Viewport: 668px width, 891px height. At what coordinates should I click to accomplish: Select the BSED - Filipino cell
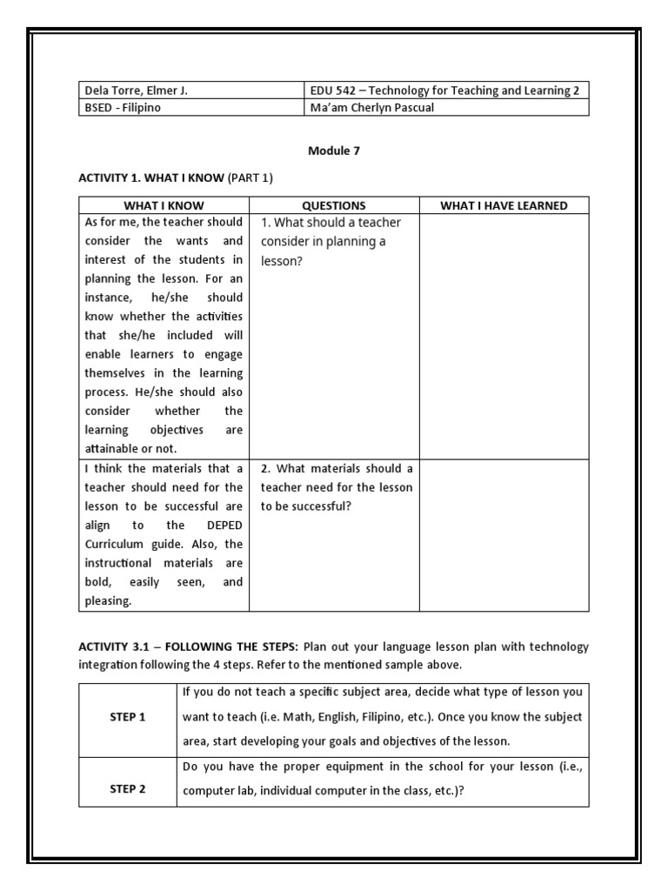(x=123, y=108)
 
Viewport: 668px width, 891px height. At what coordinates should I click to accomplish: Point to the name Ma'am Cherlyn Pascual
(x=371, y=108)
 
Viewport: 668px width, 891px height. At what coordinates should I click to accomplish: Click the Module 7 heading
(x=333, y=151)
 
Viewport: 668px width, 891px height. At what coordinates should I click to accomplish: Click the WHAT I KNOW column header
(x=164, y=205)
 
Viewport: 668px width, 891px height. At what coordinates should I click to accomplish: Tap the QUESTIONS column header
(x=333, y=205)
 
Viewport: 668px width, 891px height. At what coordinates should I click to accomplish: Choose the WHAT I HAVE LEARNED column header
(x=504, y=205)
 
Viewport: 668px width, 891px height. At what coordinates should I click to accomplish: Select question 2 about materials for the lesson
(x=337, y=487)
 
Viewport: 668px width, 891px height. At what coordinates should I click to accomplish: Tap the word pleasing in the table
(x=108, y=600)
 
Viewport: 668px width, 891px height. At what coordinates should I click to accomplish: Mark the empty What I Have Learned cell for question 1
(x=504, y=335)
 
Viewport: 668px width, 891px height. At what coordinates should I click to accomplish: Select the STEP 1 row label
(x=128, y=717)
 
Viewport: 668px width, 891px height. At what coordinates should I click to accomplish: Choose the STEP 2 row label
(x=128, y=789)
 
